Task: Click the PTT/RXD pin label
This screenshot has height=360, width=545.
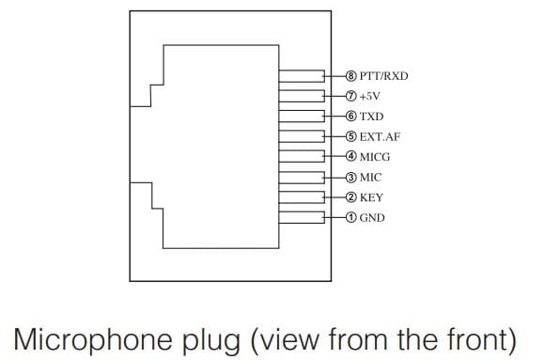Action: pyautogui.click(x=383, y=76)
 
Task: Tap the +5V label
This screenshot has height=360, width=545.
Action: pyautogui.click(x=370, y=96)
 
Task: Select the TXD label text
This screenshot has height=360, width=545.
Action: pyautogui.click(x=371, y=117)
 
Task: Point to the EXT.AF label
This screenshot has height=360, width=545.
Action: pyautogui.click(x=380, y=136)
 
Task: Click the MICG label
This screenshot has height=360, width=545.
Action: pyautogui.click(x=375, y=157)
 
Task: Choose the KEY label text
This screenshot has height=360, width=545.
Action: pyautogui.click(x=371, y=197)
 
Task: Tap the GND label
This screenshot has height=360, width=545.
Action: pyautogui.click(x=372, y=218)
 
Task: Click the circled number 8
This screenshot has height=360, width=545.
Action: pyautogui.click(x=351, y=76)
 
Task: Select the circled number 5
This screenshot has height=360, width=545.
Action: pyautogui.click(x=351, y=136)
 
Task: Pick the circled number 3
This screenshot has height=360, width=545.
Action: pyautogui.click(x=351, y=178)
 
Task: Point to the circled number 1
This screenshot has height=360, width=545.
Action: pyautogui.click(x=351, y=218)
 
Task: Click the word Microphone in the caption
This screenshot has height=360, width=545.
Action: pyautogui.click(x=93, y=338)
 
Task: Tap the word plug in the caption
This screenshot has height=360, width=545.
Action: pyautogui.click(x=211, y=341)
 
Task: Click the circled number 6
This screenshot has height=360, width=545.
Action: pyautogui.click(x=351, y=117)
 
